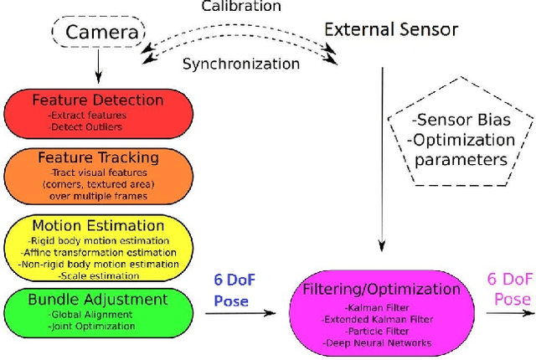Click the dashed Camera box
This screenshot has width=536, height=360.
click(99, 34)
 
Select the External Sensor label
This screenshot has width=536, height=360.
click(391, 29)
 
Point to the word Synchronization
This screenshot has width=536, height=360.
click(241, 63)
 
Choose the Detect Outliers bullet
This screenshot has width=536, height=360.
click(85, 126)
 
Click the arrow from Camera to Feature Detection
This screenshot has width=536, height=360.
click(99, 65)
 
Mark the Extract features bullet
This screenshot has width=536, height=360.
click(89, 114)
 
